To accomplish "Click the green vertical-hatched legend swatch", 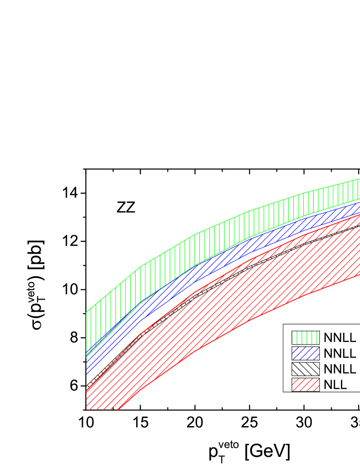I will click(x=305, y=338).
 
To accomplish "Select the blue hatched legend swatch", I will click(x=305, y=353).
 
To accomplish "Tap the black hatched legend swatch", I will click(x=305, y=369).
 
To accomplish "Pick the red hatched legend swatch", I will click(x=305, y=385).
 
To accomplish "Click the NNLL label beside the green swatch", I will click(x=340, y=338).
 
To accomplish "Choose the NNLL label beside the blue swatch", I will click(x=340, y=354).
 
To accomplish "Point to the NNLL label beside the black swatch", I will click(x=340, y=369).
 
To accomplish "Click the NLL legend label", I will click(x=335, y=385).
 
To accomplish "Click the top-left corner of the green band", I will click(x=86, y=312).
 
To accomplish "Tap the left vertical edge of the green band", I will click(x=86, y=334).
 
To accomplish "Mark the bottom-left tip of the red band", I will click(x=117, y=409).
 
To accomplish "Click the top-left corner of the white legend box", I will click(x=284, y=325).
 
